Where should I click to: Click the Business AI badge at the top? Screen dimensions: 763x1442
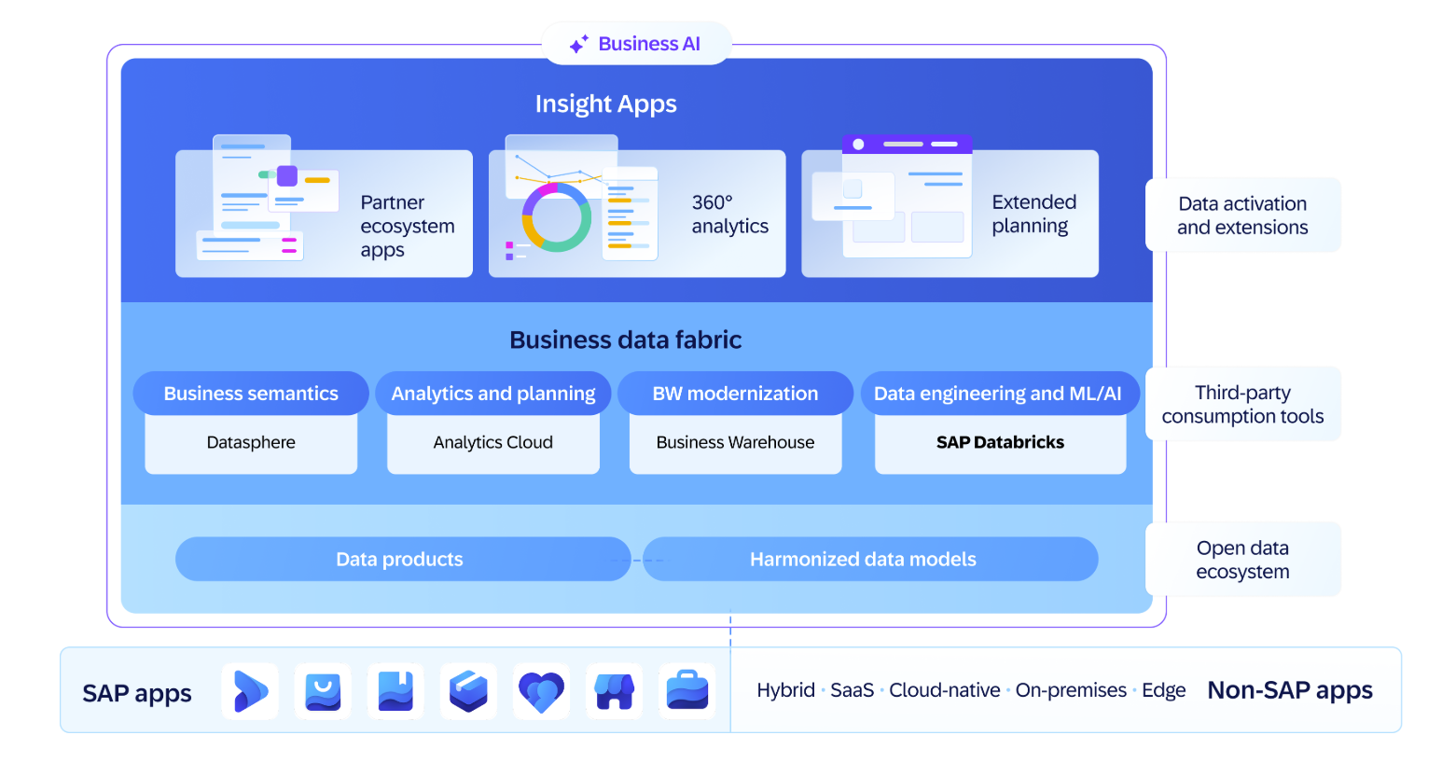point(636,44)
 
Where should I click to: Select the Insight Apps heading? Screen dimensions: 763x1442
point(605,104)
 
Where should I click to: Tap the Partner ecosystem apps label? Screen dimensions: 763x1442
point(407,226)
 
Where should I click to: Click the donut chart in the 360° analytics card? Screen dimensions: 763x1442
point(556,217)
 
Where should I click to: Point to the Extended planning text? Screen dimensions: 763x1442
point(1033,214)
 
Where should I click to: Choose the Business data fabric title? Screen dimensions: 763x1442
point(625,340)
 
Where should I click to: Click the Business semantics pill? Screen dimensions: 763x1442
point(251,394)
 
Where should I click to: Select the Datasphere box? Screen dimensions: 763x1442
point(251,443)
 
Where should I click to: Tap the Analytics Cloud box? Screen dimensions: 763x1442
point(492,443)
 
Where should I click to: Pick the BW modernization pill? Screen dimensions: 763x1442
point(735,394)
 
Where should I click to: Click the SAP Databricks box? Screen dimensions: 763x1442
point(1000,443)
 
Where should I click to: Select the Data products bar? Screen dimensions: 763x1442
point(400,559)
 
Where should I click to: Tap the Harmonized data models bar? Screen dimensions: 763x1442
point(863,559)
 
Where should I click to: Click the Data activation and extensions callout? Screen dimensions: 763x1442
point(1242,215)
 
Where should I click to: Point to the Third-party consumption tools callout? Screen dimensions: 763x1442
point(1242,404)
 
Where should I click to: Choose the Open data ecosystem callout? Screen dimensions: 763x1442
point(1242,560)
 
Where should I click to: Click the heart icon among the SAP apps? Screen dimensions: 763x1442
point(542,691)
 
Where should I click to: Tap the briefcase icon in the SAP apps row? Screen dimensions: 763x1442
point(687,691)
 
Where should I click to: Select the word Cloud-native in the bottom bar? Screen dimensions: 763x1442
point(944,690)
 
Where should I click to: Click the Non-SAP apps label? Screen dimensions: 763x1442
point(1289,690)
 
